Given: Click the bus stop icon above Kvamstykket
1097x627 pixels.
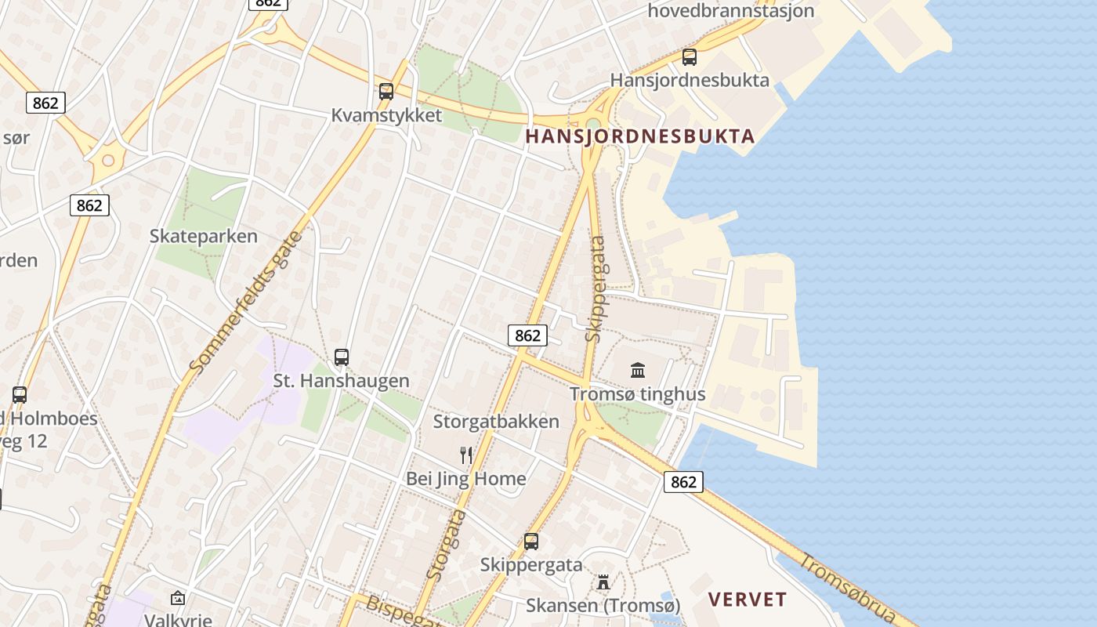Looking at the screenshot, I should click(386, 91).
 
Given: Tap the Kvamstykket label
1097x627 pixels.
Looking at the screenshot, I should click(386, 115).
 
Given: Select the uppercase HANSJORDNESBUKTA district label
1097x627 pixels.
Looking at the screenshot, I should click(640, 136).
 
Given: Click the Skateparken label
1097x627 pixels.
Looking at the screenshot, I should click(204, 236).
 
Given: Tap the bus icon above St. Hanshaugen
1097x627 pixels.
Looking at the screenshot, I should click(342, 357).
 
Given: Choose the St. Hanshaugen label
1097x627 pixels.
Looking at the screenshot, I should click(341, 381).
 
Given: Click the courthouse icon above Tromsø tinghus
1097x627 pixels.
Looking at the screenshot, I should click(638, 370).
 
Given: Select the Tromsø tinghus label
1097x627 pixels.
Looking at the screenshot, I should click(638, 394).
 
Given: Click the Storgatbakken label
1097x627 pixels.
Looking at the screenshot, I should click(497, 422).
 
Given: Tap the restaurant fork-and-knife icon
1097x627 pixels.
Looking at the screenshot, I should click(466, 455).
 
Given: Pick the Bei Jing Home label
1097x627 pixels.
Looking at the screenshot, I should click(466, 479).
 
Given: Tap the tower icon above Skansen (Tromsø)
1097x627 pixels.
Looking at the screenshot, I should click(603, 582).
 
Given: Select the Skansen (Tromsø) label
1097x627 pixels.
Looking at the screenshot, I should click(603, 606).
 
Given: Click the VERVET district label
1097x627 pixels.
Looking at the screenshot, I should click(748, 600).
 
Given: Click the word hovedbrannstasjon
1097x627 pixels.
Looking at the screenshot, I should click(731, 11).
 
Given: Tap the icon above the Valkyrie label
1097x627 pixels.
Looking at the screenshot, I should click(178, 598).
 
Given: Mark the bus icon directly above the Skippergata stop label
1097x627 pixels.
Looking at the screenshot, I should click(531, 541).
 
